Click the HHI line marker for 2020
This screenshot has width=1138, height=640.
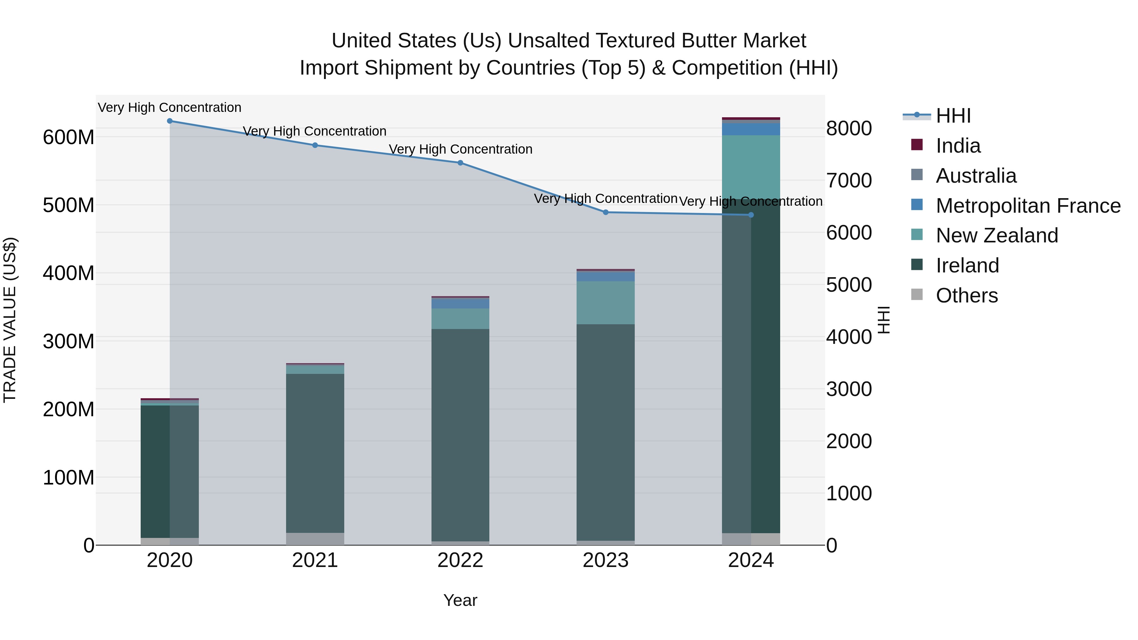tap(170, 121)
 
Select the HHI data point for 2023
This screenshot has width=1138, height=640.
tap(606, 212)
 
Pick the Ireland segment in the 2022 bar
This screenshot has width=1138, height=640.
tap(460, 435)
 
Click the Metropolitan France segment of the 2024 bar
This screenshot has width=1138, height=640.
tap(751, 129)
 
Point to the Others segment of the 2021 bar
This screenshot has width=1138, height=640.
tap(315, 539)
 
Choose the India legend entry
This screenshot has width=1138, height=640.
tap(958, 146)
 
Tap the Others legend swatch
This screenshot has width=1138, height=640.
tap(917, 295)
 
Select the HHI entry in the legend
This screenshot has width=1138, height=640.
tap(953, 116)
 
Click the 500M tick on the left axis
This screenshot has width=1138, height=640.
tap(69, 205)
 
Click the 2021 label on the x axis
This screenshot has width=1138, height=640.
tap(315, 560)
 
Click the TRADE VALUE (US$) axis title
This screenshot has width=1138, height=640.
tap(10, 320)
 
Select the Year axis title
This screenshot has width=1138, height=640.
tap(460, 600)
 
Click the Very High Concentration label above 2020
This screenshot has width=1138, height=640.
tap(170, 107)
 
